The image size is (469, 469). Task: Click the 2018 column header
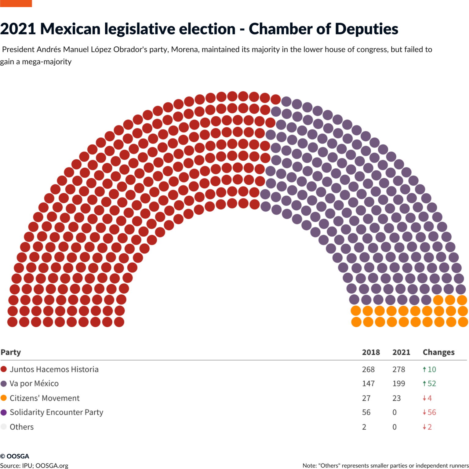click(371, 352)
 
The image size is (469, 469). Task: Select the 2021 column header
click(401, 352)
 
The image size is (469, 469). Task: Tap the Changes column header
click(438, 352)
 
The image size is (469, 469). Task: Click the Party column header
click(11, 352)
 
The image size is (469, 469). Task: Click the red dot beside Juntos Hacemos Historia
click(4, 369)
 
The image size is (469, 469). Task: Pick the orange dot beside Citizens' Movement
click(4, 398)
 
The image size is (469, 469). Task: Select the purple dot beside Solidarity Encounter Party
click(4, 412)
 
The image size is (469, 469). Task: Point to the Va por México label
click(34, 384)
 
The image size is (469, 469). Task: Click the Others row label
click(21, 427)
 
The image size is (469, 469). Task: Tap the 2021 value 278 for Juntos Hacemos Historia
click(398, 369)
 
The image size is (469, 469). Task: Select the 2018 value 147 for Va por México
click(368, 384)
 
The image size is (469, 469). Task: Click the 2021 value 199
click(398, 384)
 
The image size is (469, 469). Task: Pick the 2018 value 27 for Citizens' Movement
click(366, 398)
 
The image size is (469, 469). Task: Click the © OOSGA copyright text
click(15, 456)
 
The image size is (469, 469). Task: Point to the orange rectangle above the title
click(16, 3)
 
